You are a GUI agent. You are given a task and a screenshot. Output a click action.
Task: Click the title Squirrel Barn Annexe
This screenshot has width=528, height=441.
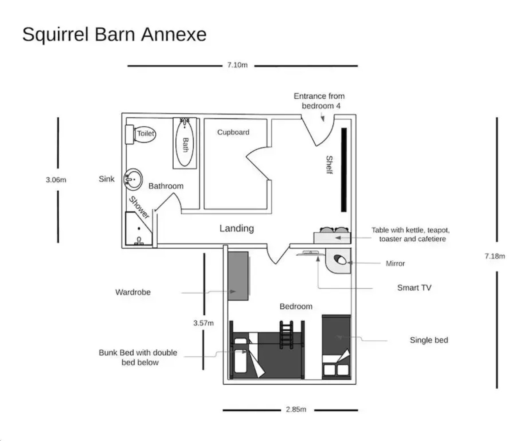click(x=114, y=34)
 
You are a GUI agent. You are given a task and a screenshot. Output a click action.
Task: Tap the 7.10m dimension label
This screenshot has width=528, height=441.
click(x=237, y=65)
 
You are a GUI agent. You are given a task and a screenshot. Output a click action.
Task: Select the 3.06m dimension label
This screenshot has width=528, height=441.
click(x=56, y=180)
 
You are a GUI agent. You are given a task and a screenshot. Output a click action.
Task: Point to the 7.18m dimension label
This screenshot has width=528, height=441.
click(x=495, y=256)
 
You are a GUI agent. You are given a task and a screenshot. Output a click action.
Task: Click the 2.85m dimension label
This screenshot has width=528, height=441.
click(x=296, y=409)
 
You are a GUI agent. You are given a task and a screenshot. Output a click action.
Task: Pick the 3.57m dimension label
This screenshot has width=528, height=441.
click(x=203, y=323)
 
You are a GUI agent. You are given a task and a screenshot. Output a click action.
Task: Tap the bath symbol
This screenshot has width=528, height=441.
click(x=185, y=143)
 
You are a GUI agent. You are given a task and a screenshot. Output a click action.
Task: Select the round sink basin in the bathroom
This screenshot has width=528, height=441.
click(x=133, y=179)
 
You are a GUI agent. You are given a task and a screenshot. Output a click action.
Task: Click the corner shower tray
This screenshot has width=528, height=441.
click(x=137, y=229)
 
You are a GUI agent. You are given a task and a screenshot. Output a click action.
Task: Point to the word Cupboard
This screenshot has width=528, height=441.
click(x=233, y=132)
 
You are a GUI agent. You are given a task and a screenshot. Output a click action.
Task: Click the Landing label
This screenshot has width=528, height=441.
click(x=236, y=228)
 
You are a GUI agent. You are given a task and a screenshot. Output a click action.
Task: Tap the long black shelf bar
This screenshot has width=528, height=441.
click(x=344, y=169)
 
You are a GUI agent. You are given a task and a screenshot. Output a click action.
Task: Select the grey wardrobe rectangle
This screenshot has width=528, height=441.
click(x=238, y=276)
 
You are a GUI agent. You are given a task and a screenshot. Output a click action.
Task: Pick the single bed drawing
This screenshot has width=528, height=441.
click(x=336, y=346)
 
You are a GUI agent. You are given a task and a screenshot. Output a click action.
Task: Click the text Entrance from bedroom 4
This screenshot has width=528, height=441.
click(x=319, y=101)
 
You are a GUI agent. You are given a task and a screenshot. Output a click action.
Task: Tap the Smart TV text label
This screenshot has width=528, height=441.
click(x=414, y=288)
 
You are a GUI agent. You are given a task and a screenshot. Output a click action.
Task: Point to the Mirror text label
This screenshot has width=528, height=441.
click(x=395, y=263)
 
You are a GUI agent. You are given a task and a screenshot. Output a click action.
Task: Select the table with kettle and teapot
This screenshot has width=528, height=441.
click(x=332, y=236)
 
